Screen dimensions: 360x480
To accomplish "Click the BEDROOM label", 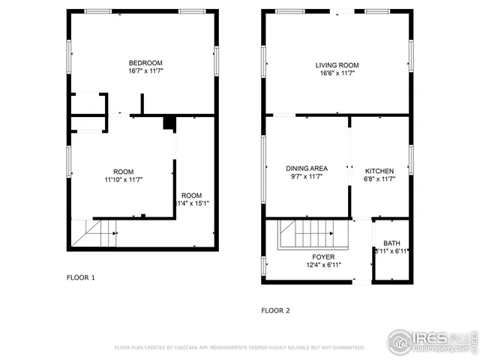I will (x=145, y=63).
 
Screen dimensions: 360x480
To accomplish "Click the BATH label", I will (x=391, y=243).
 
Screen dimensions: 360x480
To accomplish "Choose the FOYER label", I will (x=324, y=256).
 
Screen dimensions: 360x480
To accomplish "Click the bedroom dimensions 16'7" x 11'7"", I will (x=145, y=72).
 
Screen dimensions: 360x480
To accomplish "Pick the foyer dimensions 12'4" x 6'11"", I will (x=324, y=265).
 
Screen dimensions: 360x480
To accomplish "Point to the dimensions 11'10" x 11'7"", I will (x=124, y=180).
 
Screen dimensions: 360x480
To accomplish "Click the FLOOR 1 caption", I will (x=81, y=278).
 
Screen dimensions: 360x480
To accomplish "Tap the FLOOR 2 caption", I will (x=275, y=310).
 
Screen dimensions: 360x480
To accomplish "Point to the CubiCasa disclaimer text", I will (x=239, y=348).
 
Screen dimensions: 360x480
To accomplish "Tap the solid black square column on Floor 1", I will (x=169, y=124).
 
